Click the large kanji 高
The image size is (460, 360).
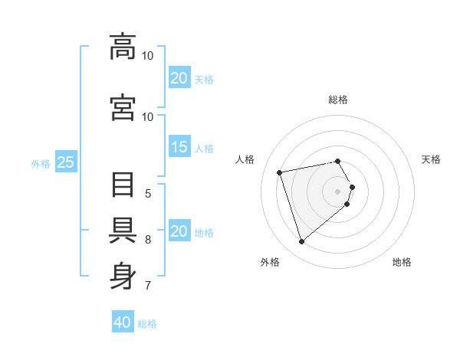tap(123, 47)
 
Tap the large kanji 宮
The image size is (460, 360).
tap(123, 107)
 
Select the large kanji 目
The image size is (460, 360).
tap(123, 185)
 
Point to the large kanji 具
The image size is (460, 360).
tap(123, 231)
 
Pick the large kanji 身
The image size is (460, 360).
tap(123, 276)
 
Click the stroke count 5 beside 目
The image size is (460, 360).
tap(148, 194)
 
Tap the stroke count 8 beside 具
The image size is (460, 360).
tap(148, 240)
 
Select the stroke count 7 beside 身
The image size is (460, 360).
tap(148, 285)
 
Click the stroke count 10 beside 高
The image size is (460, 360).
tap(147, 56)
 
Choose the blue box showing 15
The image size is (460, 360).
tap(179, 146)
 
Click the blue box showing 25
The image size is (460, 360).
tap(66, 162)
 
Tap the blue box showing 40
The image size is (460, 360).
tap(123, 321)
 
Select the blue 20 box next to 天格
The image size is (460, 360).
tap(179, 77)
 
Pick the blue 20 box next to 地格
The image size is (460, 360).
tap(179, 230)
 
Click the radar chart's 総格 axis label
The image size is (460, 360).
tap(338, 100)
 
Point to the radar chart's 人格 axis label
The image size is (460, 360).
tap(245, 159)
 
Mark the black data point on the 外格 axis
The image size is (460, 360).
tap(301, 242)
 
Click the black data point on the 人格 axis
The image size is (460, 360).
tap(280, 172)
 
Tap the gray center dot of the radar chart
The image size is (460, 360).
tap(337, 191)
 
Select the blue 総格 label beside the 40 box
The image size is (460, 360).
tap(147, 324)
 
